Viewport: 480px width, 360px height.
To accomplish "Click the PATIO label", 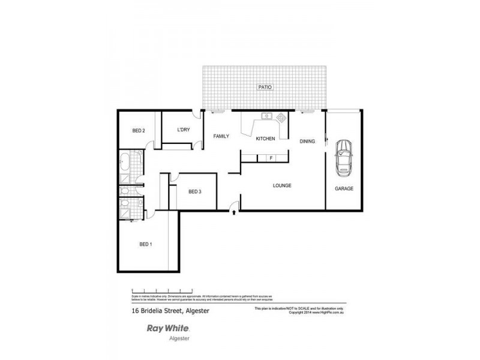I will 265,87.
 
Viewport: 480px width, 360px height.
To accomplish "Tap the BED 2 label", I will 139,131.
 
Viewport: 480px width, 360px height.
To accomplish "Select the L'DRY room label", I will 184,130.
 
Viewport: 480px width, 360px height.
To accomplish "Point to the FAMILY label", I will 222,137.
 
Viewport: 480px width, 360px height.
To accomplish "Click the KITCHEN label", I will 265,139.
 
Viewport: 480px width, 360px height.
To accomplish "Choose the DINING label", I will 308,141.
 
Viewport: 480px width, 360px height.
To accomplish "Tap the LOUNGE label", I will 281,185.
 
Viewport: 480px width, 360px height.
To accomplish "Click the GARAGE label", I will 344,188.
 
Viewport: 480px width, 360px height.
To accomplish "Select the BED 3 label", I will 194,192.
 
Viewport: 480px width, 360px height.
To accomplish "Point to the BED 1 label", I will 146,244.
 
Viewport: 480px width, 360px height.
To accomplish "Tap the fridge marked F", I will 271,158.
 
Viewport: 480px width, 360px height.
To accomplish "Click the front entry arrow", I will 233,211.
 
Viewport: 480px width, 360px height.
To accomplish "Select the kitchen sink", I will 266,116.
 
